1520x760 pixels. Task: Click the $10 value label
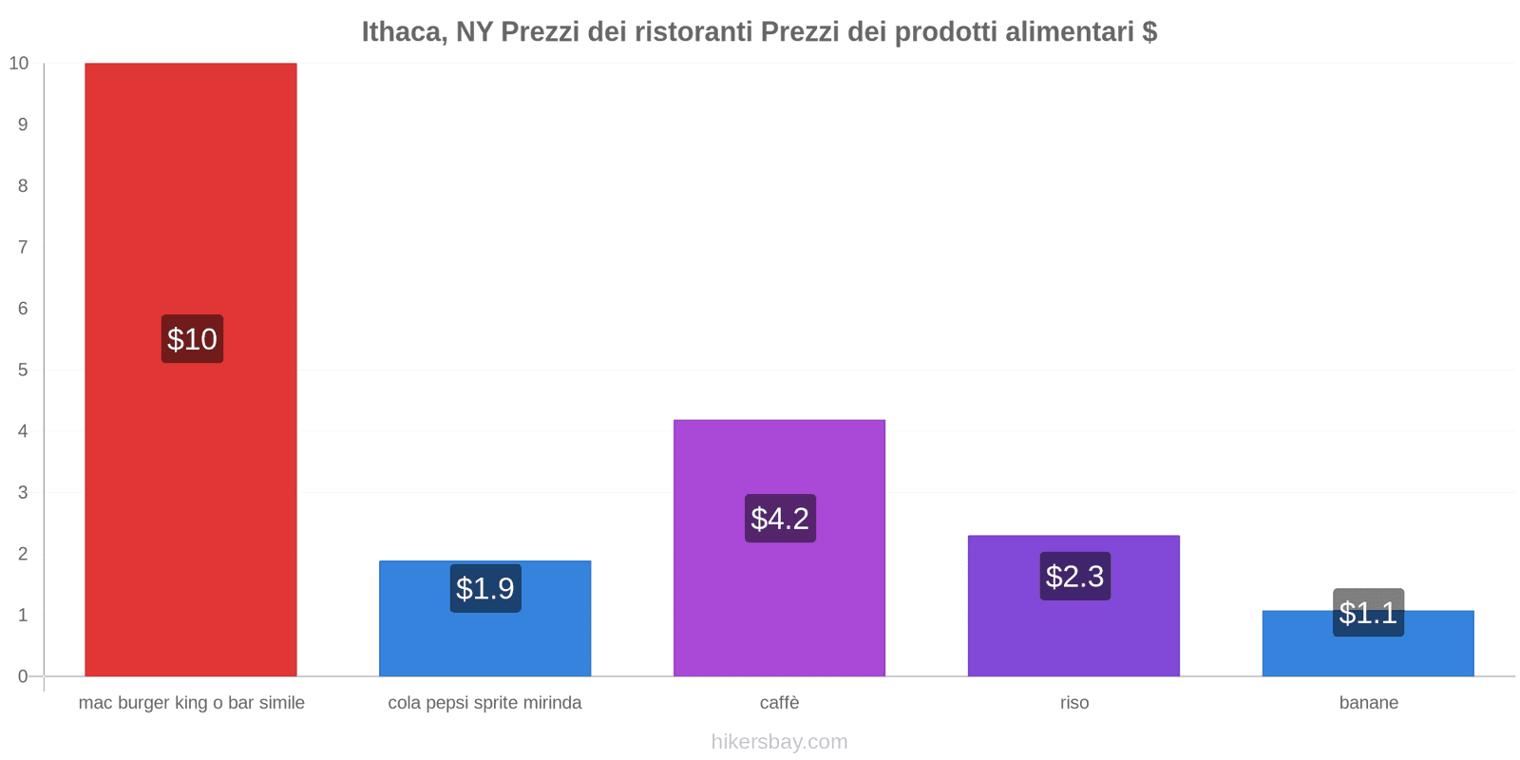point(192,339)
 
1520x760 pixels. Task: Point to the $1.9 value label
point(485,588)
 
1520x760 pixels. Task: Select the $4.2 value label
point(780,519)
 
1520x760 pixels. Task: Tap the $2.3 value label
point(1074,576)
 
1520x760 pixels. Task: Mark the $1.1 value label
point(1368,613)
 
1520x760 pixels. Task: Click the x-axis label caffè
point(779,703)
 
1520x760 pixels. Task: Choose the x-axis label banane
point(1368,703)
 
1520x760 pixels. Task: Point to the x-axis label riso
point(1074,703)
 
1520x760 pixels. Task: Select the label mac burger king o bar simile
point(192,703)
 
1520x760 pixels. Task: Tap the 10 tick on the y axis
point(19,64)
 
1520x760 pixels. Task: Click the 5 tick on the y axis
point(23,370)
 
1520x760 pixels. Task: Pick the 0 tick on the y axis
point(23,676)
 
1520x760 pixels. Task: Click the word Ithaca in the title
point(403,32)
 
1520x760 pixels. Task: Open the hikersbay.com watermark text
point(779,742)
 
